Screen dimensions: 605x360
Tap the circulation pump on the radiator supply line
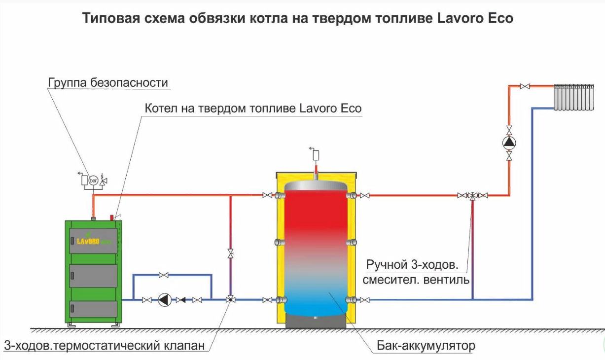[x=509, y=143]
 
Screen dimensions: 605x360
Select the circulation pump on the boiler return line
[x=165, y=299]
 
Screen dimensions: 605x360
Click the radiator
[x=573, y=97]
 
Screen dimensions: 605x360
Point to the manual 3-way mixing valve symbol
[x=472, y=195]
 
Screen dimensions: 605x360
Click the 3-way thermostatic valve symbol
[x=231, y=299]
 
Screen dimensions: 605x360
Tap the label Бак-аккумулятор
[x=426, y=345]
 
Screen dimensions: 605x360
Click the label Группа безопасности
[x=108, y=83]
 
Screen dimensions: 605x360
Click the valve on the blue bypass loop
[x=164, y=275]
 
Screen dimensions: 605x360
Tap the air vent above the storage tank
[x=316, y=155]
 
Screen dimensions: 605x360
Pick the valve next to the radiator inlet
[x=525, y=86]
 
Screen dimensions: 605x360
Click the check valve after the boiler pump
[x=180, y=300]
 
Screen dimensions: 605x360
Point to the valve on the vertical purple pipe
[x=230, y=253]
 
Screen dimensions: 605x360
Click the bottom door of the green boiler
[x=94, y=309]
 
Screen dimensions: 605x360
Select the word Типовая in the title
[x=111, y=18]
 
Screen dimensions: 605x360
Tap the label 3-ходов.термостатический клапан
[x=105, y=346]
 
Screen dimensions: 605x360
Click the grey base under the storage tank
[x=316, y=322]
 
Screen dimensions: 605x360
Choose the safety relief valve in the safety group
[x=103, y=180]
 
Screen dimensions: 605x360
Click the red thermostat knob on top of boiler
[x=111, y=217]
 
